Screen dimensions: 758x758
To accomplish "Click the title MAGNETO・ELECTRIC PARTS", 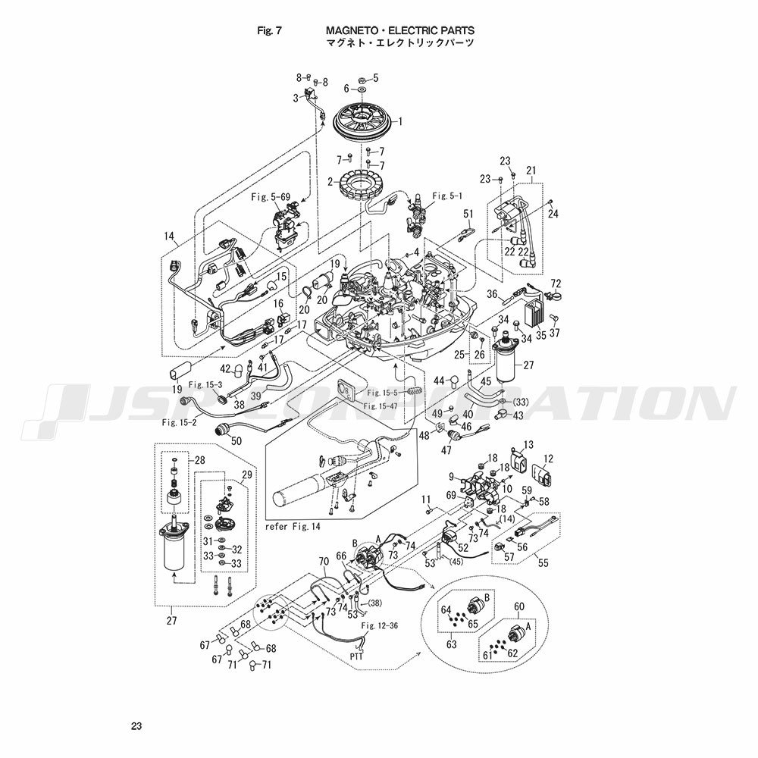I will click(400, 30).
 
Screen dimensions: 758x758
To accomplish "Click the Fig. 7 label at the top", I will click(269, 30).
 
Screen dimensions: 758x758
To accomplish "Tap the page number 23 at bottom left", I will click(136, 726).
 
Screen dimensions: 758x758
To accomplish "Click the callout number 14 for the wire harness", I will click(168, 236).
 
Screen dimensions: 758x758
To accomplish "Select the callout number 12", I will click(549, 459).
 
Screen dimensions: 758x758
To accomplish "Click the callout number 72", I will click(555, 283).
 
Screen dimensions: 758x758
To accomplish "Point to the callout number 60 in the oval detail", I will click(519, 606).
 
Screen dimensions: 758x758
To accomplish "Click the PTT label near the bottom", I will click(358, 656).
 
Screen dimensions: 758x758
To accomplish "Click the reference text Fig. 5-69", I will click(271, 197).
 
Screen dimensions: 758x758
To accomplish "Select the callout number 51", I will click(468, 214).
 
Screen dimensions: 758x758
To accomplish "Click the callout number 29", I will click(246, 475).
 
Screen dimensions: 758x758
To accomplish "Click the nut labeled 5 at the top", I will click(363, 79).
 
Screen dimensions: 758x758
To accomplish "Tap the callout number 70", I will click(324, 562).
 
